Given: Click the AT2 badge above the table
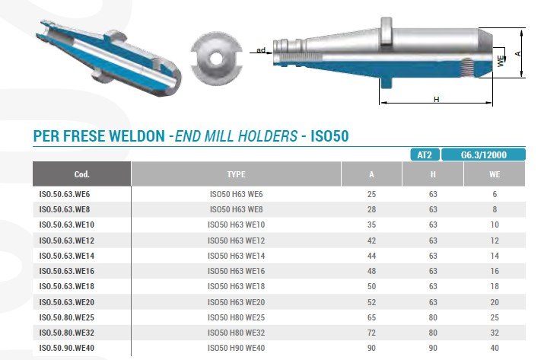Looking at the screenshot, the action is [x=425, y=155].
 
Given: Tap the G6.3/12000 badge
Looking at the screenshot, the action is [x=483, y=155].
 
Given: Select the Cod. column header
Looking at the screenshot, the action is [x=82, y=174].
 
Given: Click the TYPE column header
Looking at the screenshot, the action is [x=236, y=174].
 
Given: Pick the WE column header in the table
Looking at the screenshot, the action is [x=495, y=174].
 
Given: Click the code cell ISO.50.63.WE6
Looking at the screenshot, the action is [x=65, y=194].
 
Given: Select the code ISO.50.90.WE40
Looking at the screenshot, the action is [x=67, y=348].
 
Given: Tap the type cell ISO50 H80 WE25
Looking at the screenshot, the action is [x=236, y=317].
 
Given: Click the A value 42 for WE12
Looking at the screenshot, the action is [x=371, y=241].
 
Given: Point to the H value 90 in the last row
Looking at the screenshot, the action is [x=433, y=348].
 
